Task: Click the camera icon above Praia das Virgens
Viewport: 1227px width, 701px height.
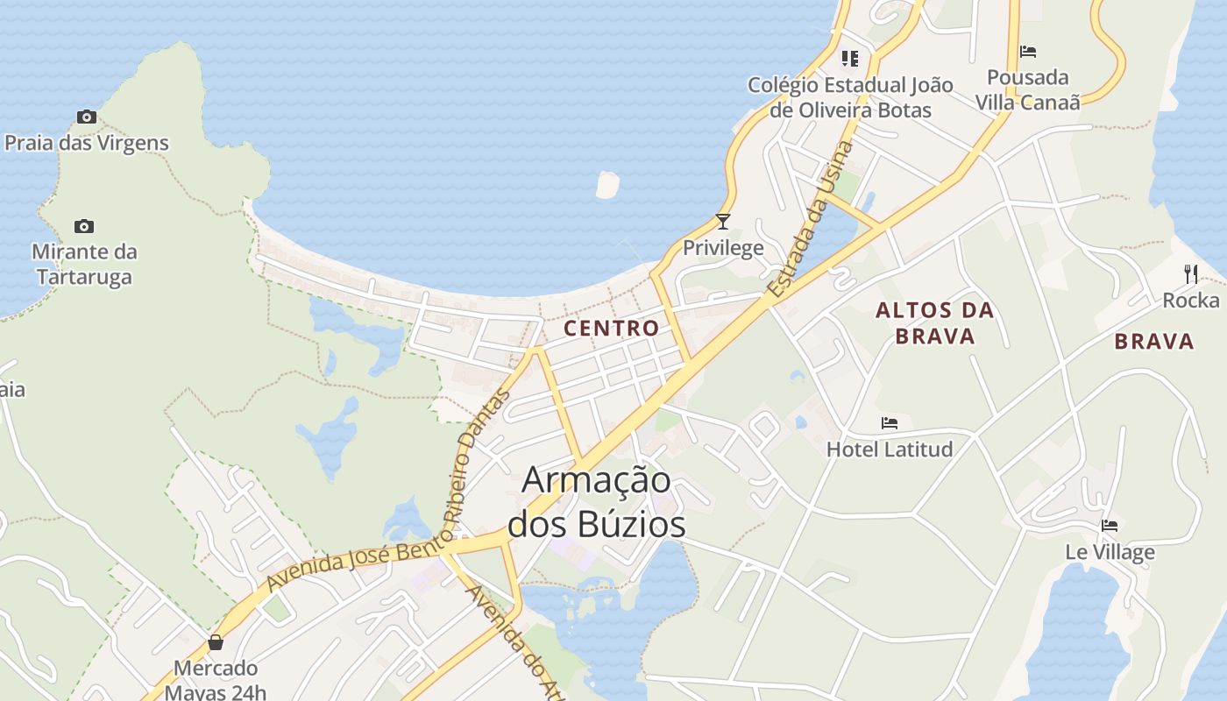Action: click(x=86, y=117)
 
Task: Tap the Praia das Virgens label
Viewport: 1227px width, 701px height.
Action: click(x=87, y=142)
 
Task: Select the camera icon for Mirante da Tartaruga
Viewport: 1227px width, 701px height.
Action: click(x=84, y=226)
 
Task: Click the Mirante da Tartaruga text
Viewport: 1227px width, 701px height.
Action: click(x=84, y=265)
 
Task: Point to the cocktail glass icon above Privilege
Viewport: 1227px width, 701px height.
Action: click(x=723, y=221)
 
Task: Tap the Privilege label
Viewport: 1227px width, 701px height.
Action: click(x=723, y=248)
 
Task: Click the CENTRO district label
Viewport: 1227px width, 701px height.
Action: click(x=611, y=329)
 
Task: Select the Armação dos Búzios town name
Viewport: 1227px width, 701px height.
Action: click(x=597, y=502)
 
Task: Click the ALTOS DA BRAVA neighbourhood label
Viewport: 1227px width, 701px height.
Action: click(x=935, y=322)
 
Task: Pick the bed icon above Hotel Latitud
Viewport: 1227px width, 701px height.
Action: click(x=890, y=423)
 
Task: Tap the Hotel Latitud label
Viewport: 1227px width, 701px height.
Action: click(x=890, y=450)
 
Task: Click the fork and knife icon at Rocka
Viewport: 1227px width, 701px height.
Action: click(x=1190, y=274)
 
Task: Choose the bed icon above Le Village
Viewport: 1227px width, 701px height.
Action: click(x=1110, y=526)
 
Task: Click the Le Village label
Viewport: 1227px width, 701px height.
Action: click(x=1110, y=552)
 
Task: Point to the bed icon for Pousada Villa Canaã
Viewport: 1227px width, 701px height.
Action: click(x=1028, y=52)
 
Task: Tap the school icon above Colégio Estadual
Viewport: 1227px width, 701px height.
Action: click(x=849, y=59)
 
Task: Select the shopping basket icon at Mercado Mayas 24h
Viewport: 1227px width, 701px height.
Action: click(x=216, y=643)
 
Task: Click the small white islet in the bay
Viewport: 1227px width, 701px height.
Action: click(x=607, y=185)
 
